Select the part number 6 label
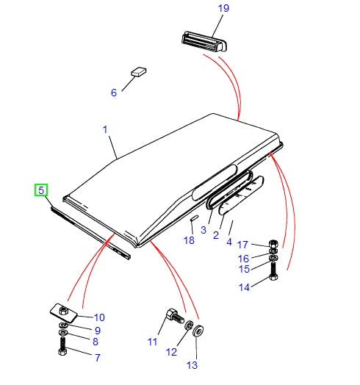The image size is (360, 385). click(x=114, y=93)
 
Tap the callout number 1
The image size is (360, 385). click(x=105, y=130)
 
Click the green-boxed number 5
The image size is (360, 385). click(x=42, y=190)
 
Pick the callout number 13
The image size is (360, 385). click(x=192, y=364)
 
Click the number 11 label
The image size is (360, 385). click(x=152, y=342)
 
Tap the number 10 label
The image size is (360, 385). click(x=99, y=317)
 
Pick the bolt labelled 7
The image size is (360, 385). click(x=62, y=348)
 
